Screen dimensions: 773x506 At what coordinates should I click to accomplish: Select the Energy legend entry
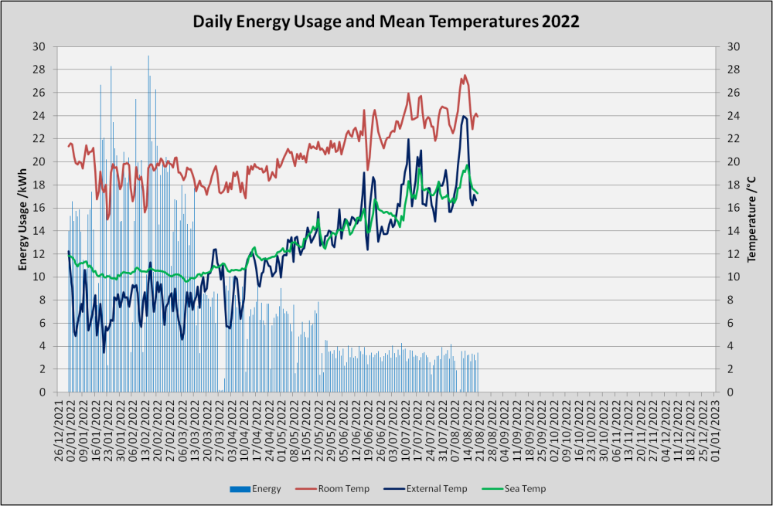(x=255, y=489)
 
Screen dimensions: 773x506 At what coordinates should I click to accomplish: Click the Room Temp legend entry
(x=332, y=489)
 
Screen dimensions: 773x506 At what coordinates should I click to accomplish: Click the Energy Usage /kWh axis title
(x=22, y=219)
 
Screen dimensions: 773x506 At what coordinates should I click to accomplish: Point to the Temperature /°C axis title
(x=751, y=219)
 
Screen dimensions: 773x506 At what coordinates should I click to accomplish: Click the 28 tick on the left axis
(x=39, y=70)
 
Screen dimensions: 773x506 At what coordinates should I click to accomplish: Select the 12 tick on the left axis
(x=39, y=253)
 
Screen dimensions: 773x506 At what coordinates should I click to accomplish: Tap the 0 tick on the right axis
(x=730, y=392)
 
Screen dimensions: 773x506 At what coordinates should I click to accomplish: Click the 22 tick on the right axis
(x=733, y=139)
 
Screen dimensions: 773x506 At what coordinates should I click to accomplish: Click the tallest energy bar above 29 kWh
(x=148, y=224)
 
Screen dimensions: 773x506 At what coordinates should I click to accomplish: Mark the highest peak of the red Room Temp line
(x=465, y=76)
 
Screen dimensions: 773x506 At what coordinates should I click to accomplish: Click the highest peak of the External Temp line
(x=464, y=117)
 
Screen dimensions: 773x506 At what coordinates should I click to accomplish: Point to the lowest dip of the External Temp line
(x=104, y=351)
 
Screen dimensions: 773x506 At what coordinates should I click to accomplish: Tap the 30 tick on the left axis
(x=39, y=47)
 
